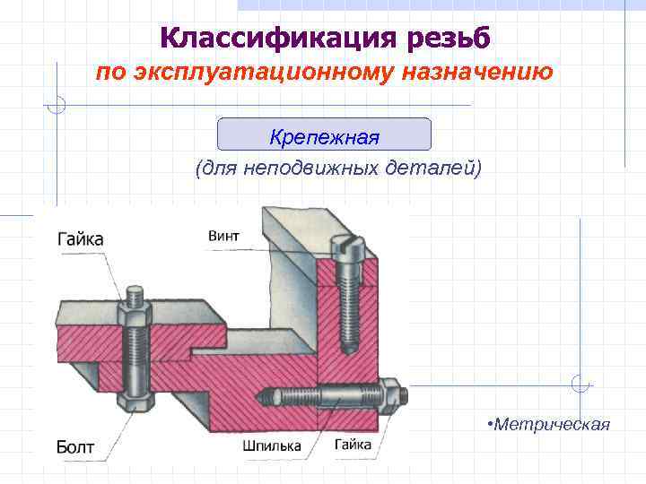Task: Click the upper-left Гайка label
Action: coord(80,238)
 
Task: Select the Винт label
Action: coord(223,236)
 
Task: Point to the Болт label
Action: coord(76,445)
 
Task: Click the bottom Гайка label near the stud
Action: coord(354,445)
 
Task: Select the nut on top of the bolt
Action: coord(134,315)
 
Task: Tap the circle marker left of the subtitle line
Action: coord(57,105)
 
